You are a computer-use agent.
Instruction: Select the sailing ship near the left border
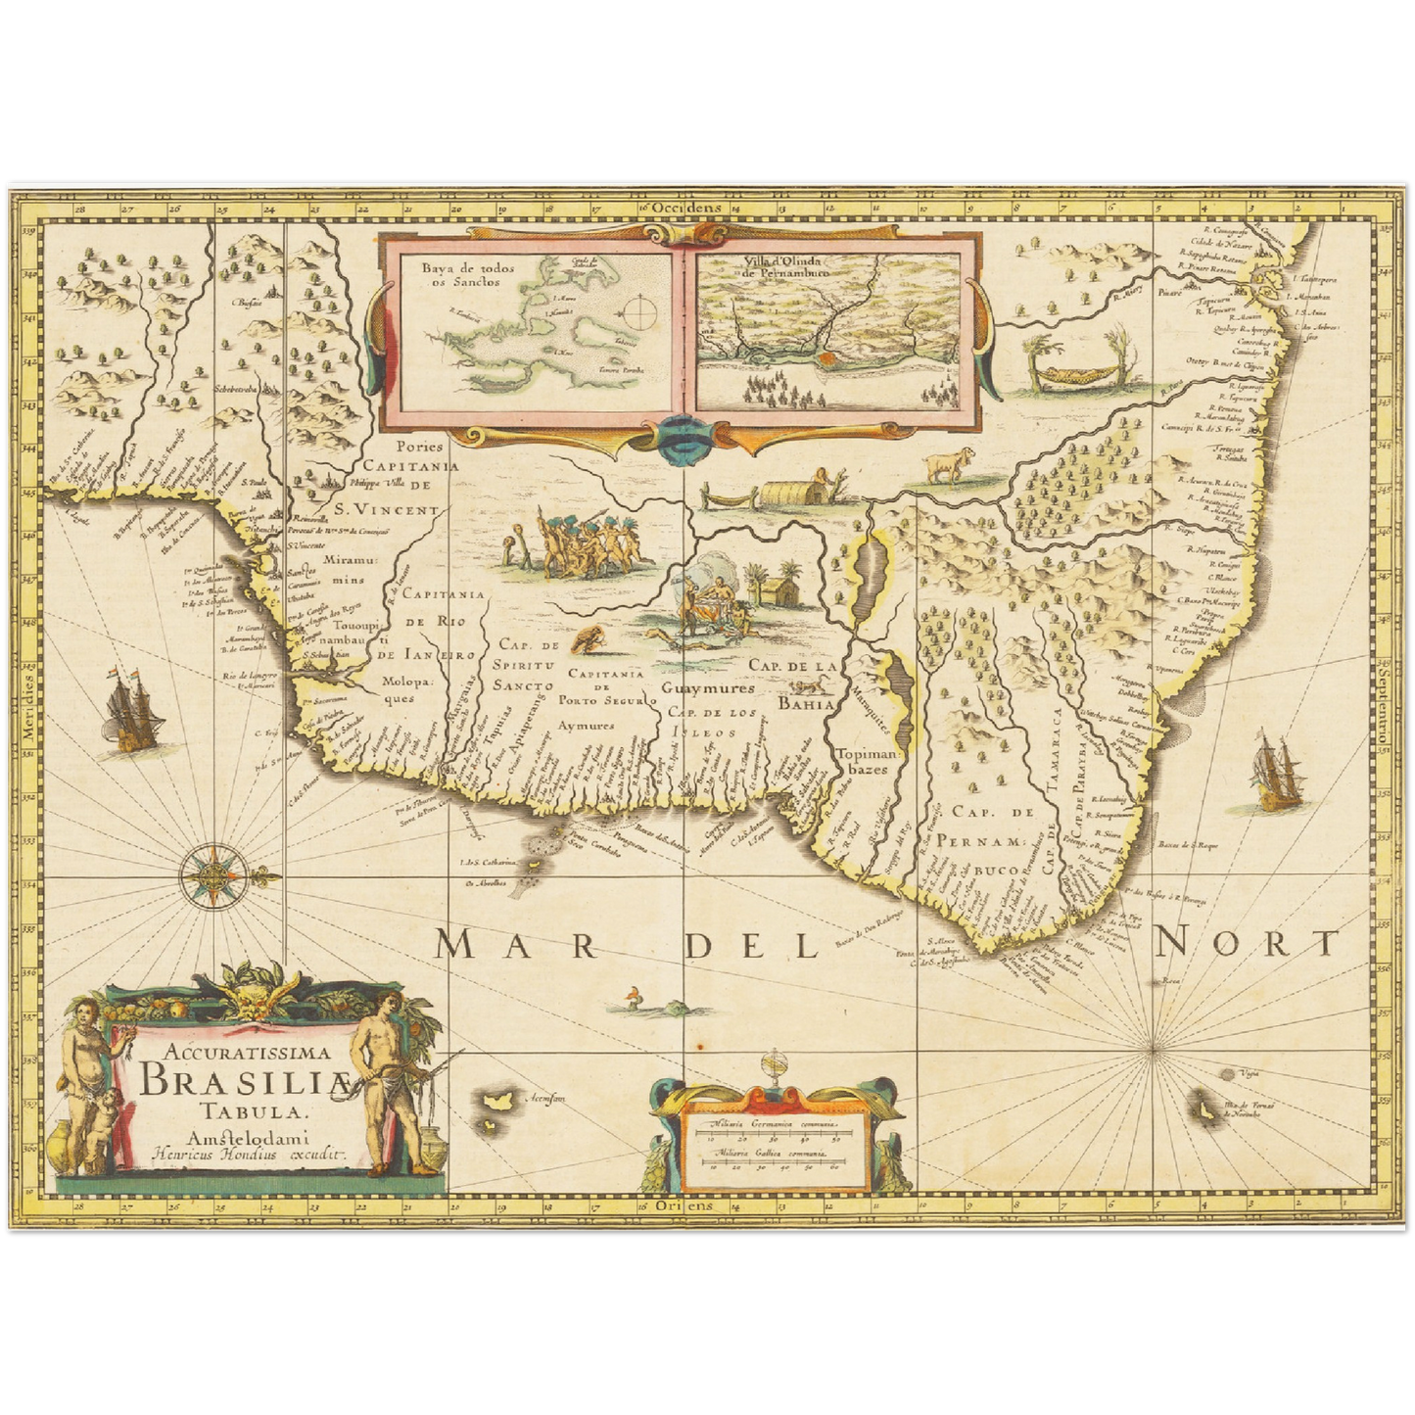click(127, 712)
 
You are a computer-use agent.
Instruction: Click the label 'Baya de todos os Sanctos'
click(460, 273)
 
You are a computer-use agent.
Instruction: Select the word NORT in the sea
click(1245, 944)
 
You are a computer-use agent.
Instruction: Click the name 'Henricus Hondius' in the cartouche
click(215, 1154)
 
